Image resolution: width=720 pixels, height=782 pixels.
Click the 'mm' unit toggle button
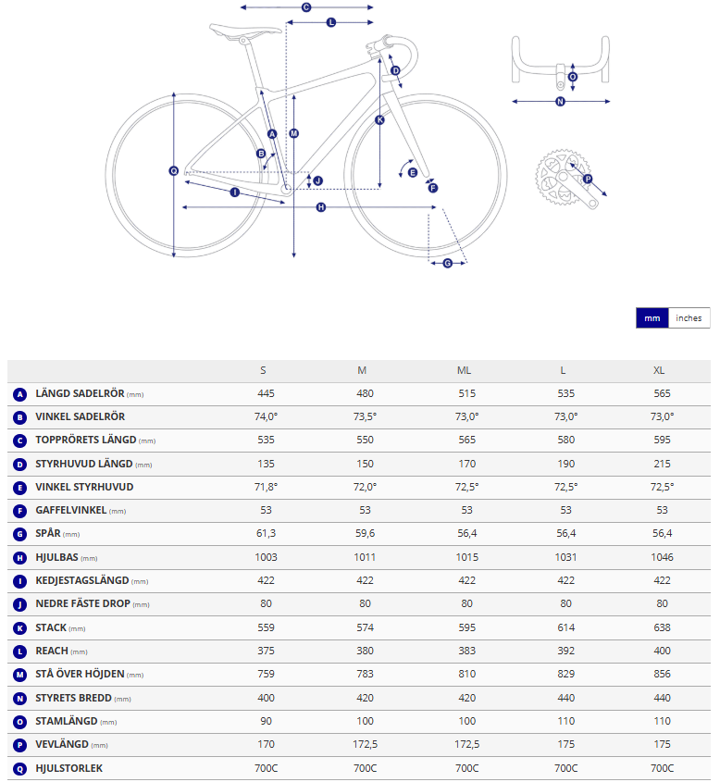tap(652, 317)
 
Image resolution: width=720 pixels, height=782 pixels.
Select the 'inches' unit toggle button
tap(689, 317)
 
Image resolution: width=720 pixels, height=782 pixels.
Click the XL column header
tap(659, 370)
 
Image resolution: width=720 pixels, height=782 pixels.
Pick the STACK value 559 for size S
tap(266, 627)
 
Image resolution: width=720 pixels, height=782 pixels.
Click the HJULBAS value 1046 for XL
tap(662, 557)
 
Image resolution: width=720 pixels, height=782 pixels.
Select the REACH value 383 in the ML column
tap(466, 651)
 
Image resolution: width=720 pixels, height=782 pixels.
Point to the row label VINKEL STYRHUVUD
tap(84, 487)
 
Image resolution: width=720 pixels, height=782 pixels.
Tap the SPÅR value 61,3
tap(266, 534)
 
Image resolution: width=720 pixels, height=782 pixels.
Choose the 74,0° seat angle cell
tap(266, 417)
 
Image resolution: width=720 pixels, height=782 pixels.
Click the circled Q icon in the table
tap(19, 768)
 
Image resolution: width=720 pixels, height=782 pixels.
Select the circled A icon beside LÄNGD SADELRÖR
tap(19, 394)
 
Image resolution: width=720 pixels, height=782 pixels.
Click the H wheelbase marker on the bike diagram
tap(321, 207)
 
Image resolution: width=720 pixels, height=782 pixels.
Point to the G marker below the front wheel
tap(448, 263)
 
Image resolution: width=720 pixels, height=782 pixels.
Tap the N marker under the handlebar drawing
tap(560, 101)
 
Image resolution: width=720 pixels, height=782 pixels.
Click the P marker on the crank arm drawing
tap(587, 179)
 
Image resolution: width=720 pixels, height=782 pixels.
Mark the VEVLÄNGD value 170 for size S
tap(266, 744)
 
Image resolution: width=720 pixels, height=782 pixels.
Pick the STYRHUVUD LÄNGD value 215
tap(662, 464)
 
